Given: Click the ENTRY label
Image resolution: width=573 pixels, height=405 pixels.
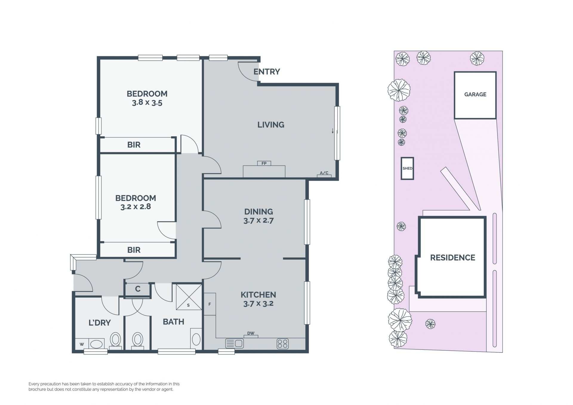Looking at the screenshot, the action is (267, 72).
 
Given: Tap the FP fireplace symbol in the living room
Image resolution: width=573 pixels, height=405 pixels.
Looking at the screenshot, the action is (264, 163).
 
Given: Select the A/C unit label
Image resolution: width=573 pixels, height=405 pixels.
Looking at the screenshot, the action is (324, 173).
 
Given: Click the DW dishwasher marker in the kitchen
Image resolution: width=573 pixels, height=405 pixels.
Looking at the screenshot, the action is (251, 333).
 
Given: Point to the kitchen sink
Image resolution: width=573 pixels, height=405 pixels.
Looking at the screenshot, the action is (235, 344).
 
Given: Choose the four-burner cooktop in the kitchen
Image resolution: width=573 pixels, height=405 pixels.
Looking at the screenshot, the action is (283, 344).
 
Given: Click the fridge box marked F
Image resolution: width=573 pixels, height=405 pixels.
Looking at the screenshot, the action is (210, 304).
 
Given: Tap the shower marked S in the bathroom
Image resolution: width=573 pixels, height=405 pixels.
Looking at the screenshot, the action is (189, 297).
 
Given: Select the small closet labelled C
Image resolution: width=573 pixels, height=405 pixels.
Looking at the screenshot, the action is (138, 289).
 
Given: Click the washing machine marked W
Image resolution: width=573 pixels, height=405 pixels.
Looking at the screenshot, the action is (81, 344).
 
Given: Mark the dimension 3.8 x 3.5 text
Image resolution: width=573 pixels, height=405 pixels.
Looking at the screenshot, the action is (147, 103).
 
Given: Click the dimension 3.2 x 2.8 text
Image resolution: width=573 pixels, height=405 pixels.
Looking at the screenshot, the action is (136, 207).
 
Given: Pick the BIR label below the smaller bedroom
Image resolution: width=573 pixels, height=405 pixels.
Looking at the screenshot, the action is (134, 250).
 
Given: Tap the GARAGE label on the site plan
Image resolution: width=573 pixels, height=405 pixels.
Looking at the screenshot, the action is (475, 94).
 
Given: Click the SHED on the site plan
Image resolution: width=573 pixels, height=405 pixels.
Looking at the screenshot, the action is (407, 168).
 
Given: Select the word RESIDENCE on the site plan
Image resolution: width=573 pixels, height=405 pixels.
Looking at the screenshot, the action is (452, 258).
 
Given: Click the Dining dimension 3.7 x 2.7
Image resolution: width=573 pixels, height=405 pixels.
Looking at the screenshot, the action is (258, 221).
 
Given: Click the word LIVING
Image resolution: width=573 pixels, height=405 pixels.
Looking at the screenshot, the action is (271, 124).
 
